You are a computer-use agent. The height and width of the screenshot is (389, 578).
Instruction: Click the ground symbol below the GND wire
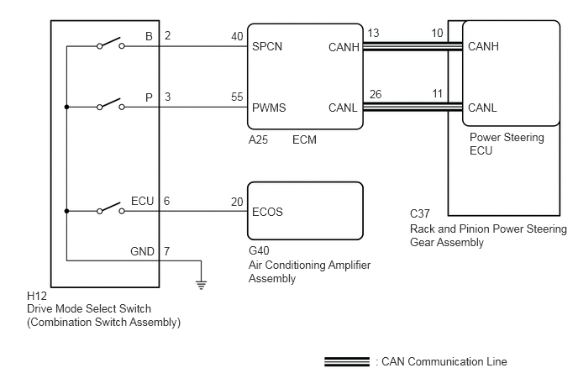click(x=202, y=285)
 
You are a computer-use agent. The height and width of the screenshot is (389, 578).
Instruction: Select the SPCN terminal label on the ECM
click(x=267, y=46)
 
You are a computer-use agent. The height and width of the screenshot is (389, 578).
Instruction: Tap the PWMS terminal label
click(x=269, y=108)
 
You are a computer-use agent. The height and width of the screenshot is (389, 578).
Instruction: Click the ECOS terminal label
click(x=267, y=212)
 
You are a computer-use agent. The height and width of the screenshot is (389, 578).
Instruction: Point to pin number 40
click(x=237, y=36)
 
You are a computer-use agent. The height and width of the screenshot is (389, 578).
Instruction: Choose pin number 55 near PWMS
click(x=237, y=97)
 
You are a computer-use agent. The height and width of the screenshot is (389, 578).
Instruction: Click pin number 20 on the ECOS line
click(x=237, y=202)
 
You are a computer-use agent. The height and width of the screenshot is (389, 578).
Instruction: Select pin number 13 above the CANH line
click(x=373, y=33)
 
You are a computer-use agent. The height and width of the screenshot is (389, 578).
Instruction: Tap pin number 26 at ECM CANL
click(x=376, y=94)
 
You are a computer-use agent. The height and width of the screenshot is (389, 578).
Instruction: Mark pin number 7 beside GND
click(x=166, y=251)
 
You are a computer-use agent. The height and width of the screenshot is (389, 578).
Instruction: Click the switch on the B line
click(x=111, y=44)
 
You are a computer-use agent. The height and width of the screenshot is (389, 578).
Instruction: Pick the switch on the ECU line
click(x=111, y=208)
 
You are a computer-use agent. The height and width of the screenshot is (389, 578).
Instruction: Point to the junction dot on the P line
click(x=66, y=107)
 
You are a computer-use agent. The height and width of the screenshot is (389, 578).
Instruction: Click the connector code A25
click(x=258, y=140)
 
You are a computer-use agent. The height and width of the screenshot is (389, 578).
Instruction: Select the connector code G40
click(x=259, y=250)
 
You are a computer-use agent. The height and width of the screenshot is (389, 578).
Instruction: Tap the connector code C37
click(x=420, y=214)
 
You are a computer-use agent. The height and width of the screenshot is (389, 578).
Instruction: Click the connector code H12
click(x=37, y=296)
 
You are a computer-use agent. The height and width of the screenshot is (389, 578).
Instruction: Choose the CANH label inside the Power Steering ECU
click(x=483, y=46)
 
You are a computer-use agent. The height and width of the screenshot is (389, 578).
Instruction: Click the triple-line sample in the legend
click(x=347, y=362)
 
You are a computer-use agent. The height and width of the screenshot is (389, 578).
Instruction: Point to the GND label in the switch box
click(x=142, y=251)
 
